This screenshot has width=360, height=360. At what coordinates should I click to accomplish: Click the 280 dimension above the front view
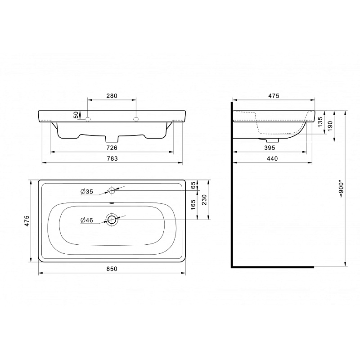[112, 96]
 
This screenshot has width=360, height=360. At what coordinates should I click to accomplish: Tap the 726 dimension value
[112, 148]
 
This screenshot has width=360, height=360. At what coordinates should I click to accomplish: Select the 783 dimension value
[112, 158]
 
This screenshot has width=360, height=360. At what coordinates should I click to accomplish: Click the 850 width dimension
[112, 269]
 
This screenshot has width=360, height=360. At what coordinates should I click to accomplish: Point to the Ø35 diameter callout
[87, 191]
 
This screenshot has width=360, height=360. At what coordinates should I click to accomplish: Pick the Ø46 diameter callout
[87, 220]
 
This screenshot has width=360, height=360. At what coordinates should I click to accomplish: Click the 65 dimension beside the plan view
[194, 185]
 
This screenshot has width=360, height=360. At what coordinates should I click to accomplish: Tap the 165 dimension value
[193, 205]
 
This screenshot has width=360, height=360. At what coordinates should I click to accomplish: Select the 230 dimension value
[204, 200]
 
